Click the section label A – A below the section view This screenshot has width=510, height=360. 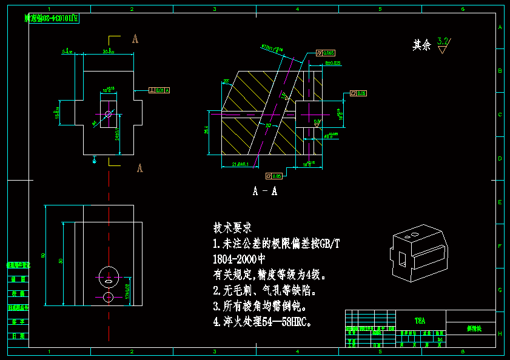265,192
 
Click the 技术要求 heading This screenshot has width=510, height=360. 232,228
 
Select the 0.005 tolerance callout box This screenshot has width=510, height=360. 326,53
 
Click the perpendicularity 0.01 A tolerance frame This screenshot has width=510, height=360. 159,90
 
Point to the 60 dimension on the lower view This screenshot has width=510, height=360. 43,255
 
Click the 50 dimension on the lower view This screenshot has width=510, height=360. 61,261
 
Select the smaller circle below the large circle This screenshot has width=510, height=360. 108,297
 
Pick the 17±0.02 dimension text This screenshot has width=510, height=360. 127,290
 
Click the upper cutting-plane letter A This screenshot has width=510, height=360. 135,39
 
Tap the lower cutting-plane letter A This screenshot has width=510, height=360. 139,168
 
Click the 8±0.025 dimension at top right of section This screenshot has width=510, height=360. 333,63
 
